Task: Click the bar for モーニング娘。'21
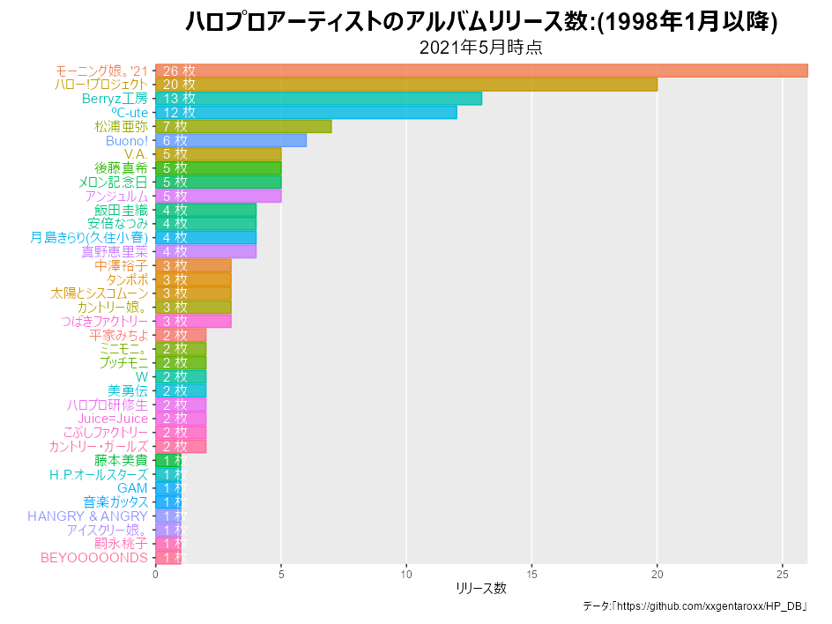[x=481, y=71]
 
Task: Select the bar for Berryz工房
[x=318, y=98]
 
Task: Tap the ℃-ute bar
[x=306, y=112]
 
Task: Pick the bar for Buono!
[x=231, y=140]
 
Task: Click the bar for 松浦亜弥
[x=243, y=126]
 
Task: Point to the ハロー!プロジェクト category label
[x=101, y=85]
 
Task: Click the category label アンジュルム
[x=116, y=196]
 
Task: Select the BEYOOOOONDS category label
[x=94, y=558]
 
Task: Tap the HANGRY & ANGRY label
[x=87, y=516]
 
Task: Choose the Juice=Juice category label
[x=113, y=419]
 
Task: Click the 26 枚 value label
[x=179, y=71]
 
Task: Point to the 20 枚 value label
[x=179, y=85]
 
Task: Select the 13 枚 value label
[x=179, y=98]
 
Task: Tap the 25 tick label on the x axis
[x=783, y=575]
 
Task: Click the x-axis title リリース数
[x=481, y=588]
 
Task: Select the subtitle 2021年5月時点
[x=481, y=48]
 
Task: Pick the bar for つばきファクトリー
[x=193, y=321]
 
